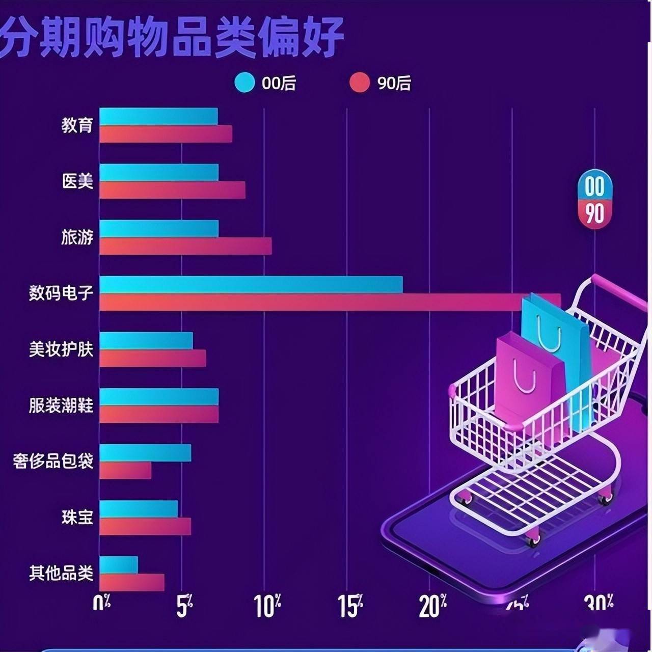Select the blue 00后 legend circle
(244, 83)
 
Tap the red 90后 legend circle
(360, 83)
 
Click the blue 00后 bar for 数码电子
(251, 284)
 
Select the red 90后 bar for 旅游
(185, 246)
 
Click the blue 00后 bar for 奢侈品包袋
(145, 452)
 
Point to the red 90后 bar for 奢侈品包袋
(125, 470)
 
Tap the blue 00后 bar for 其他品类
(119, 564)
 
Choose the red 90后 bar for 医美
(172, 190)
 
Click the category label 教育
(77, 125)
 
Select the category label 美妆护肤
(61, 349)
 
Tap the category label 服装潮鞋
(61, 405)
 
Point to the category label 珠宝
(77, 518)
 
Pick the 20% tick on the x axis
(432, 606)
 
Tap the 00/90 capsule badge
(594, 199)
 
